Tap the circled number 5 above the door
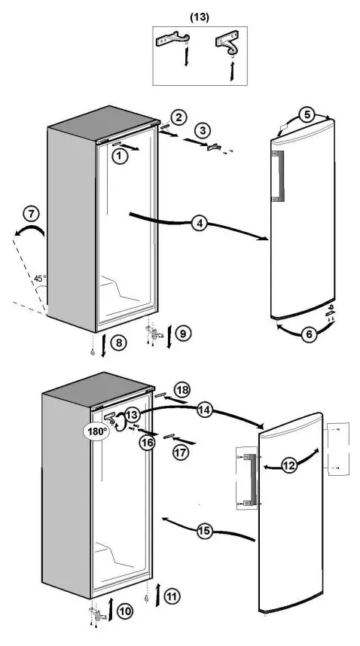[x=307, y=115]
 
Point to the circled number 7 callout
[x=30, y=214]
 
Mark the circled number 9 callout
[x=182, y=332]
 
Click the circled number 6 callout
[x=309, y=336]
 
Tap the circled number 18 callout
[x=182, y=389]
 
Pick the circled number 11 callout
[x=172, y=597]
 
